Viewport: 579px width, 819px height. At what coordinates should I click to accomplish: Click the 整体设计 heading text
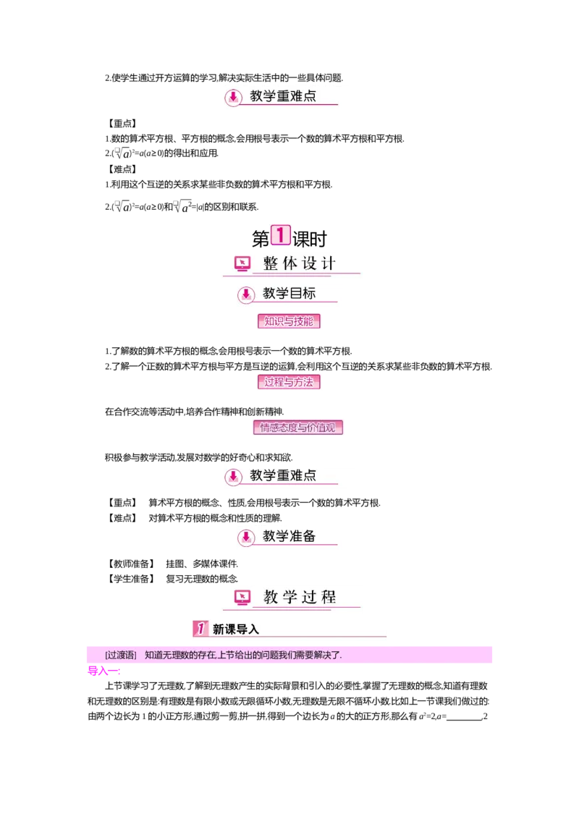pyautogui.click(x=300, y=263)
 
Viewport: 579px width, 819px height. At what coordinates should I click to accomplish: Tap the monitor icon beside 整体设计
pyautogui.click(x=242, y=264)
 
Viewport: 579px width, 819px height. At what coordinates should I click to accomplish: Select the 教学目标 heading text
pyautogui.click(x=289, y=294)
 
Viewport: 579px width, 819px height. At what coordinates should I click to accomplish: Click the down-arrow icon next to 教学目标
pyautogui.click(x=246, y=294)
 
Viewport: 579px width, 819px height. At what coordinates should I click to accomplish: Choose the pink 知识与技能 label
pyautogui.click(x=289, y=321)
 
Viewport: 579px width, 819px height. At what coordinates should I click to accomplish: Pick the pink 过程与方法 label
pyautogui.click(x=289, y=382)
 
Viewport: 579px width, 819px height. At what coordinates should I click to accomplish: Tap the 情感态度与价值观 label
pyautogui.click(x=298, y=428)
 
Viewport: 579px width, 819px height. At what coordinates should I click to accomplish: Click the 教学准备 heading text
pyautogui.click(x=289, y=536)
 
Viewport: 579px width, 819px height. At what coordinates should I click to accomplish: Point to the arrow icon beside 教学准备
pyautogui.click(x=246, y=537)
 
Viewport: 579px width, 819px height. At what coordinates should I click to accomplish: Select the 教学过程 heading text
pyautogui.click(x=300, y=598)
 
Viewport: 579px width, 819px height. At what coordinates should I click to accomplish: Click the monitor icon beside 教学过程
pyautogui.click(x=242, y=598)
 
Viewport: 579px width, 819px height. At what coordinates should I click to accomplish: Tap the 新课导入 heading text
pyautogui.click(x=235, y=629)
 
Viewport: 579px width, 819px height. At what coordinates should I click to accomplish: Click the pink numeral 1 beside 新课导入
pyautogui.click(x=200, y=629)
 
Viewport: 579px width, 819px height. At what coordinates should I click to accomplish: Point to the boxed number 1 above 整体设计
pyautogui.click(x=280, y=234)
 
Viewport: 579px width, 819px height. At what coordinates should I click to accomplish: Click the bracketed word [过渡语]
pyautogui.click(x=120, y=655)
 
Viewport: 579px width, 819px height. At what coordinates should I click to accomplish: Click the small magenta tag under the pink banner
pyautogui.click(x=103, y=672)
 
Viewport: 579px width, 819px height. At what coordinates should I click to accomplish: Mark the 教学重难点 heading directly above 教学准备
pyautogui.click(x=283, y=475)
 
